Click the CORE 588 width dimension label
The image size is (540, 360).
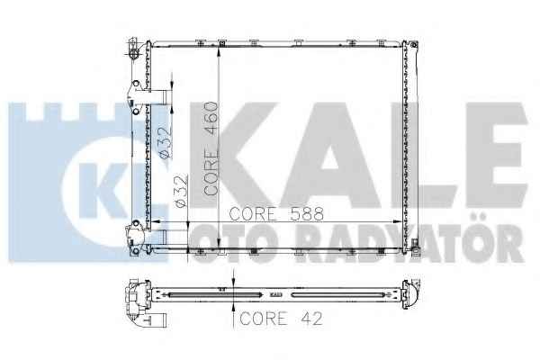[276, 214]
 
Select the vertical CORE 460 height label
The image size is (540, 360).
[211, 148]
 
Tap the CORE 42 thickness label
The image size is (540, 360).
[281, 319]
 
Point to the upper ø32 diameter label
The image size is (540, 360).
[166, 143]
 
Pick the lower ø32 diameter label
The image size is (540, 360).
[182, 191]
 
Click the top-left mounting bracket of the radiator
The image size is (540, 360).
[133, 49]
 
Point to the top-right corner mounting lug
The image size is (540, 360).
[413, 44]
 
